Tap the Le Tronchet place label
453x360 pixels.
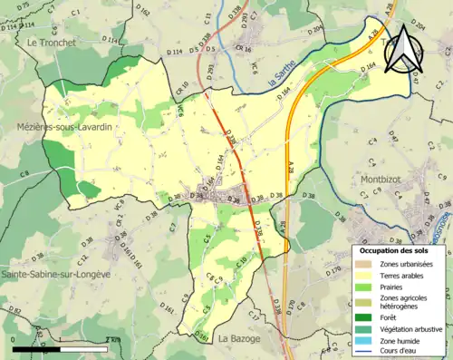[x=55, y=43]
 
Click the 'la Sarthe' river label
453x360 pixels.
[x=288, y=81]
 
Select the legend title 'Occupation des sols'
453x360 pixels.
[x=394, y=249]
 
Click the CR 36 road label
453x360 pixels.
[x=241, y=50]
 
